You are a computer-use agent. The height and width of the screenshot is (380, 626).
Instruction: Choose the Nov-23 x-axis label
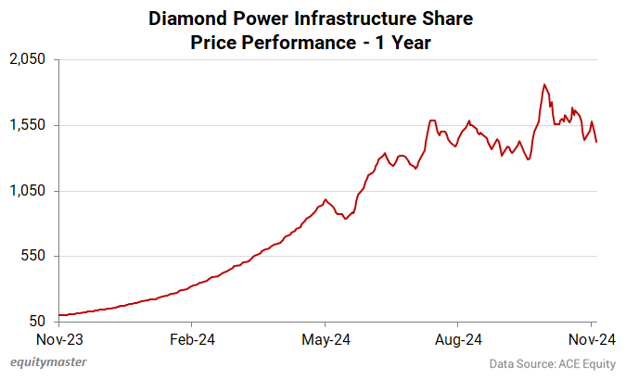click(59, 339)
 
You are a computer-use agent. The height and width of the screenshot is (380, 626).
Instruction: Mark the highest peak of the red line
click(544, 84)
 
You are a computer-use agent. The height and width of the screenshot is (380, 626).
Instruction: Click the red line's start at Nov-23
click(59, 315)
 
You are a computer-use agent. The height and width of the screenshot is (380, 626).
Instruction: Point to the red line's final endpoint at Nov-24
click(596, 142)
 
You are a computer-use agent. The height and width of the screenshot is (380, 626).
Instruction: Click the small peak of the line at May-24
click(325, 198)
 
